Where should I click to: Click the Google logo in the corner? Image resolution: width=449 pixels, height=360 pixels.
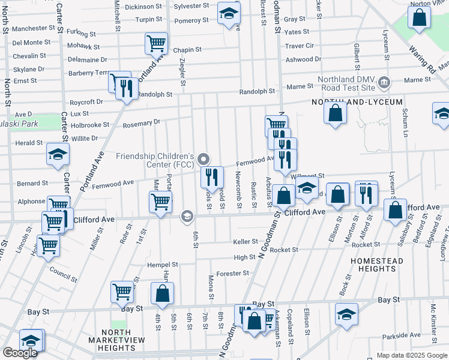[20, 353]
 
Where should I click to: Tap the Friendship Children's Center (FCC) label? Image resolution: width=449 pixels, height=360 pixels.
[155, 160]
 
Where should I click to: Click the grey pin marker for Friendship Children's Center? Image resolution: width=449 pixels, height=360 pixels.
[203, 159]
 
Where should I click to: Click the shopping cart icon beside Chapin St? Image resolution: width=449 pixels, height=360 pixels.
[156, 44]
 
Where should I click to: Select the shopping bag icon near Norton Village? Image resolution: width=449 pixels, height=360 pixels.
[419, 17]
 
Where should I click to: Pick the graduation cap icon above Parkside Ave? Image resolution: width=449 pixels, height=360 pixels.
[346, 314]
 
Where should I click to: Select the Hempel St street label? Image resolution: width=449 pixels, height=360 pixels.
[163, 265]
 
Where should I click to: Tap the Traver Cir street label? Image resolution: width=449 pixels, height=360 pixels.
[300, 46]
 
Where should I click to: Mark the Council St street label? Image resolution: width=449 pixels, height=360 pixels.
[64, 275]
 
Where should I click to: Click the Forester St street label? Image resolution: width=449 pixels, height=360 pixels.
[232, 274]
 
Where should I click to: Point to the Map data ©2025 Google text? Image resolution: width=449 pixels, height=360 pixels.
[411, 355]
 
